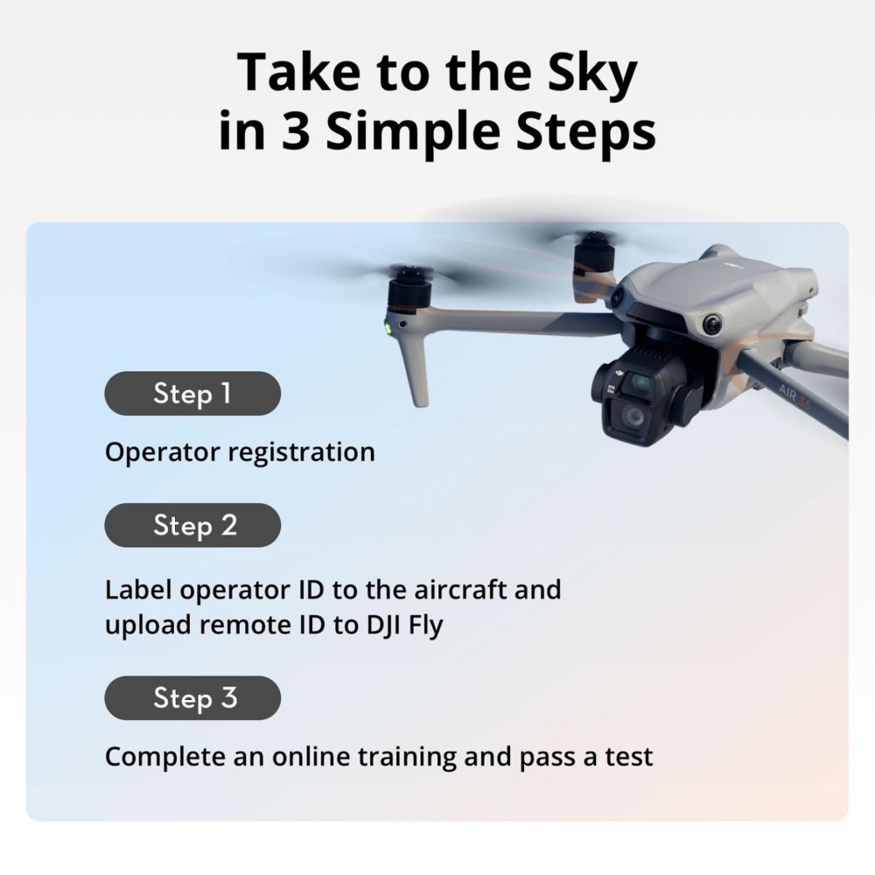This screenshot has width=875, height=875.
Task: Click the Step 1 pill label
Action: [192, 393]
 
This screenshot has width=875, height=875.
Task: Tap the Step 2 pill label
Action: [192, 525]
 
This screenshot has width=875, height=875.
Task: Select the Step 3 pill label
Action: [192, 697]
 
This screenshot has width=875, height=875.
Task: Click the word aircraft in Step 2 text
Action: [449, 589]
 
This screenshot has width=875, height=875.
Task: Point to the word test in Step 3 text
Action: [629, 756]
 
